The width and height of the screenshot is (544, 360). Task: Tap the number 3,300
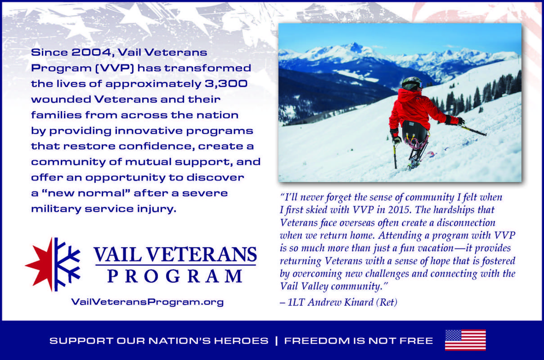tap(226, 84)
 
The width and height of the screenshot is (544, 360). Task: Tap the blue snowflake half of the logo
tap(67, 264)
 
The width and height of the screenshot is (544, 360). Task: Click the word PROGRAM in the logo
tap(175, 276)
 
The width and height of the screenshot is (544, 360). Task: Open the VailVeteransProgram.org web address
tap(148, 302)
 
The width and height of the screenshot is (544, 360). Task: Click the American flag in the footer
tap(465, 340)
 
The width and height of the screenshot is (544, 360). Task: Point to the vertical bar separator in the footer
tap(276, 341)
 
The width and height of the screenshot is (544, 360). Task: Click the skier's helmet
tap(412, 84)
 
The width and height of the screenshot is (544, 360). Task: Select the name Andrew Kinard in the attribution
tap(341, 302)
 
